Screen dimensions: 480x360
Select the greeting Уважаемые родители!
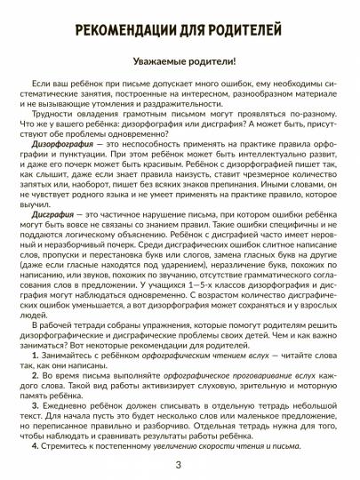click(179, 64)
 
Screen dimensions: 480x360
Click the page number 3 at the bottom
click(180, 467)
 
